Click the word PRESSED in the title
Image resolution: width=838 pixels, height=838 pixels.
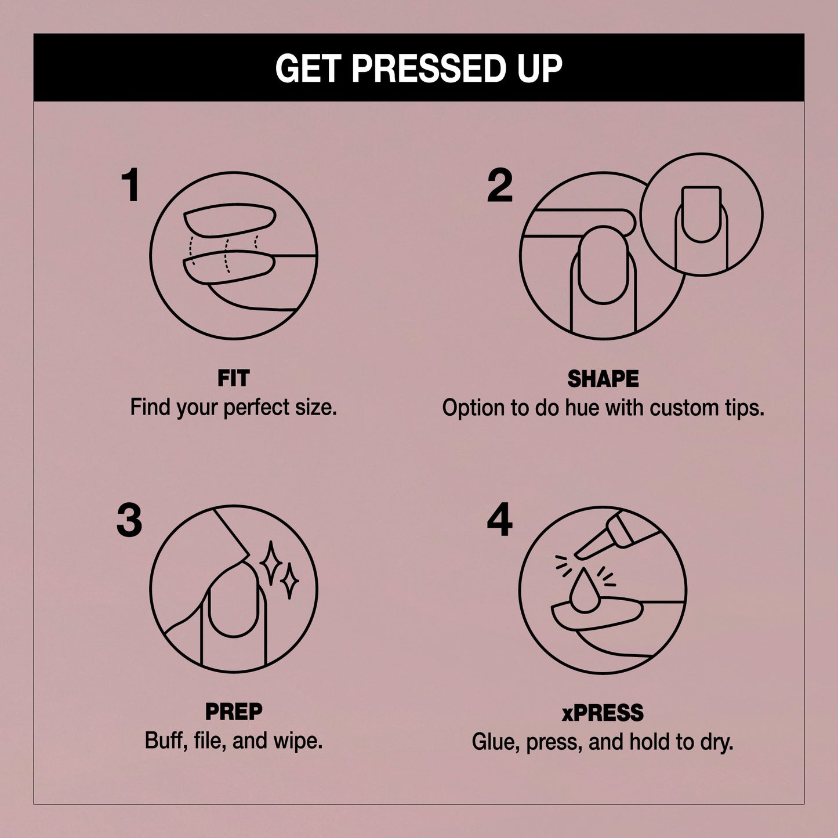pos(425,68)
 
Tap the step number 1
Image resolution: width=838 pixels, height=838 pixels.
pos(130,185)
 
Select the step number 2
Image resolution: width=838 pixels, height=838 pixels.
pos(500,185)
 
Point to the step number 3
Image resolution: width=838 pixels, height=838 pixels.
pos(129,520)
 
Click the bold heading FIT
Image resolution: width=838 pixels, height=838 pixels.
pos(234,378)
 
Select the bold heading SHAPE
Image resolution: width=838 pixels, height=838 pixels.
pos(603,379)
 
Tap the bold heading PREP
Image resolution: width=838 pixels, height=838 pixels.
pos(234,712)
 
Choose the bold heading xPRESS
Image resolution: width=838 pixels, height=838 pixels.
pos(603,712)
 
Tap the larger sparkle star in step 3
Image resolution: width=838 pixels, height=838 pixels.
pos(271,563)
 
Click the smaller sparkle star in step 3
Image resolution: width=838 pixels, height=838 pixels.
pos(289,581)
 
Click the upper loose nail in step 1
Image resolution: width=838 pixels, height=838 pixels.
pos(230,220)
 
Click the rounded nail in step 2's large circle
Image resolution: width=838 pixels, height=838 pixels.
pos(603,265)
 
